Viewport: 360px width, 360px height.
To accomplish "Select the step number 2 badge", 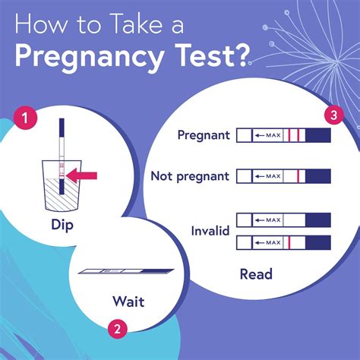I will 116,330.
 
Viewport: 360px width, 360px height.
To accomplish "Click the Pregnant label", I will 203,136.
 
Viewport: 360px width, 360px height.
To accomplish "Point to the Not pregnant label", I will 191,176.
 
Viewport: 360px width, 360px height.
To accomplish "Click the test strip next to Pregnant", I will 283,136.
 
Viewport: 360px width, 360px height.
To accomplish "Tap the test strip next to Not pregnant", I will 283,176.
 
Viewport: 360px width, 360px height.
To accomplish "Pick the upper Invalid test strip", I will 283,219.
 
